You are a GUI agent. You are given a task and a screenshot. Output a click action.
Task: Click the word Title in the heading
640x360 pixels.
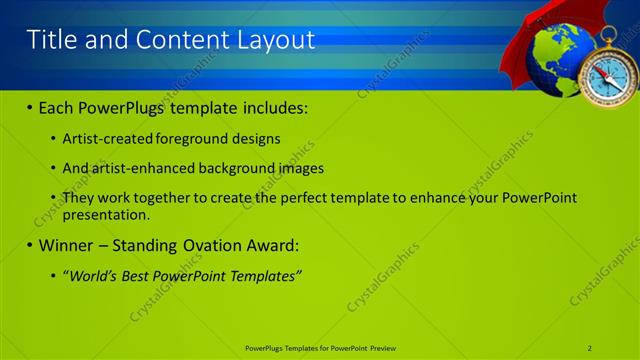pyautogui.click(x=52, y=39)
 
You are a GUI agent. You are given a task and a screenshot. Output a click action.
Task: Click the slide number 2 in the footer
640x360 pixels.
pyautogui.click(x=589, y=347)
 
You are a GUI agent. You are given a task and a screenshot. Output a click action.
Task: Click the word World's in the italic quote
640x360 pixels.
pyautogui.click(x=96, y=275)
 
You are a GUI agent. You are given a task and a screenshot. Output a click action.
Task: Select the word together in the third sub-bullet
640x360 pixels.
pyautogui.click(x=180, y=198)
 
